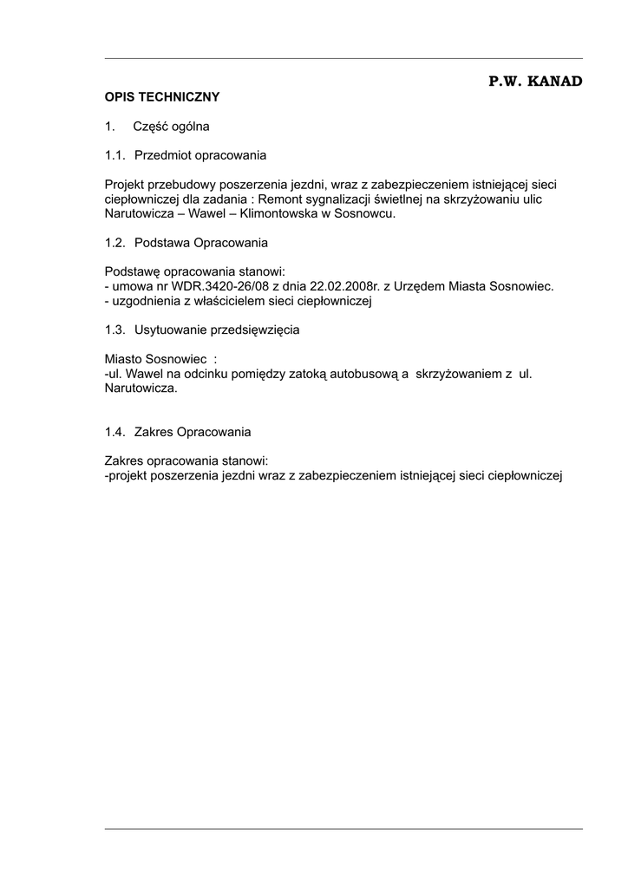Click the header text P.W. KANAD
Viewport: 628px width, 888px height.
534,81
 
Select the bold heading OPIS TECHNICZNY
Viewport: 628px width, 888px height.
162,97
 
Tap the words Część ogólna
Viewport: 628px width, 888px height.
172,127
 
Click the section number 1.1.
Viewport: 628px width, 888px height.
114,155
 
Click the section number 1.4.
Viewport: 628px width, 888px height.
114,432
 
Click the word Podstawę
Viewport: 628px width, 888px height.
133,271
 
